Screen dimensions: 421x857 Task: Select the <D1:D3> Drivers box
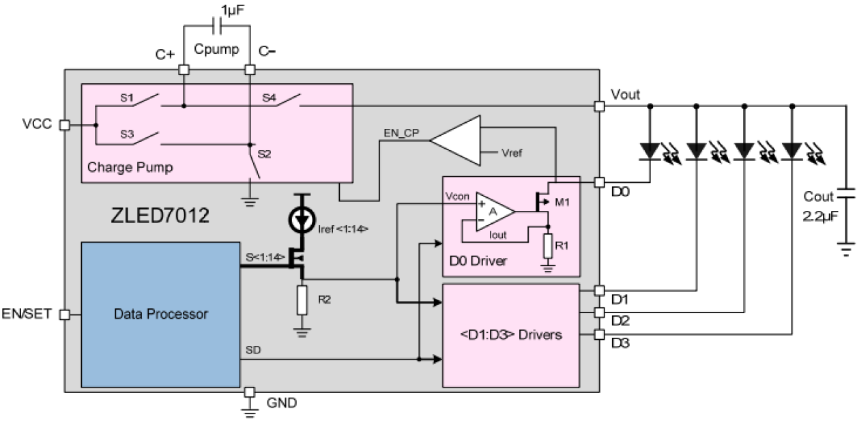512,335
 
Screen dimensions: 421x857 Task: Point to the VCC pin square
65,126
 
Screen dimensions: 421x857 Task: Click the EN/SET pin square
65,315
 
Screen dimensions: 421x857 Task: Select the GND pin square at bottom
250,392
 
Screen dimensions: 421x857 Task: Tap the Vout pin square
599,106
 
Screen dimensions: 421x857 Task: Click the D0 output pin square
599,183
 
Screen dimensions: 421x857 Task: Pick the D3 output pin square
599,334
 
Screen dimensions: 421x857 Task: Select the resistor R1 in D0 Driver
547,246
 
